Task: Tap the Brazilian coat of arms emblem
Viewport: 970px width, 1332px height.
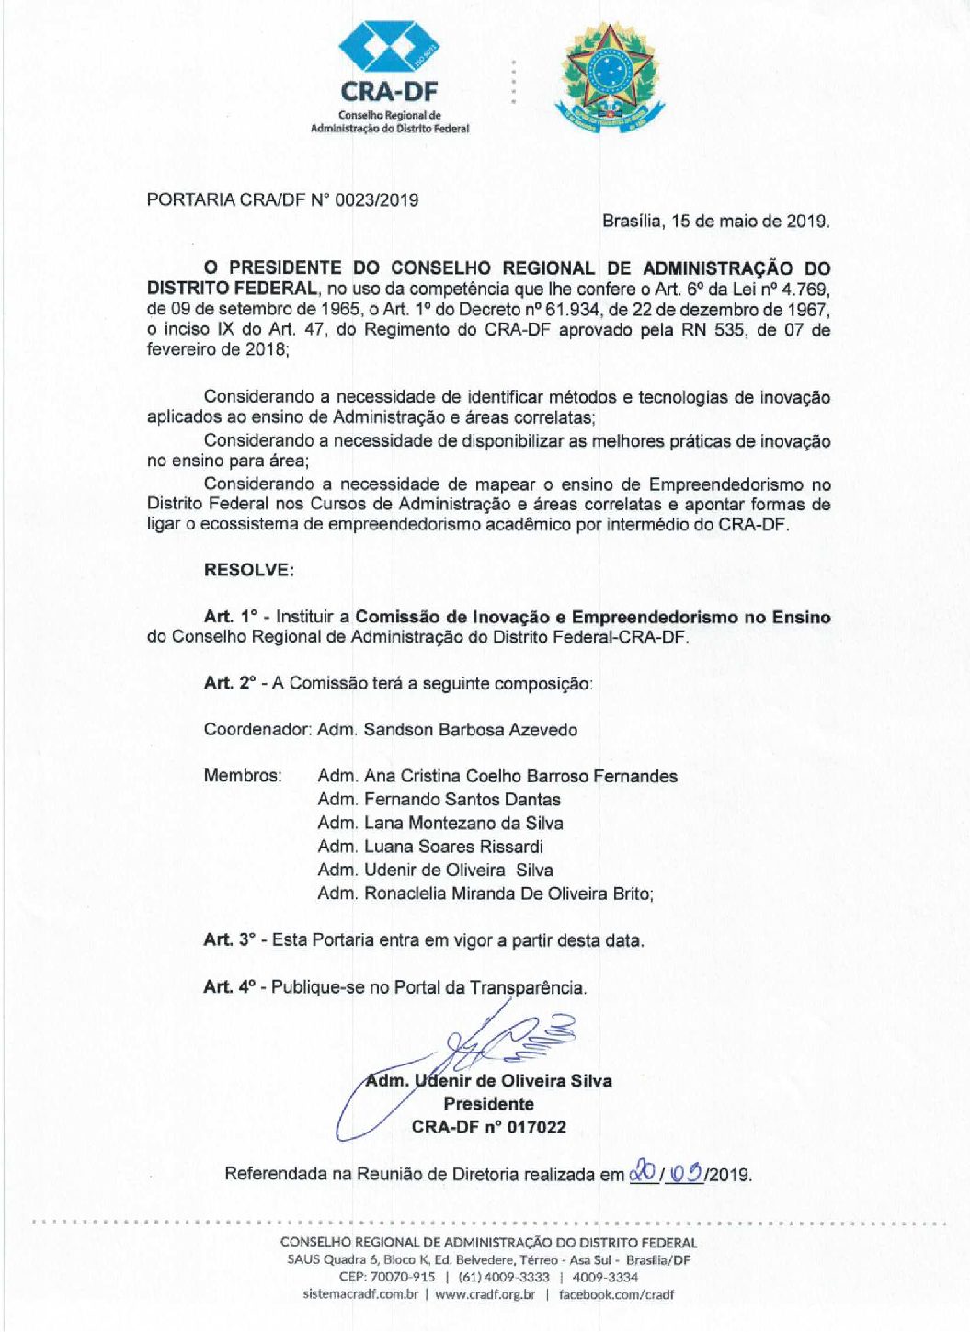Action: coord(608,77)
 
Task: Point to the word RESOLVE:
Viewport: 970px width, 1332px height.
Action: coord(249,570)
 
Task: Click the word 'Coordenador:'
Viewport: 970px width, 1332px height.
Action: coord(257,730)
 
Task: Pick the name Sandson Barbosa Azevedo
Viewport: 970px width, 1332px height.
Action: coord(471,730)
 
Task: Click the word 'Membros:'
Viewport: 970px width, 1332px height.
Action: coord(243,776)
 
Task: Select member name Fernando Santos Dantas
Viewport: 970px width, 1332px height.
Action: coord(462,800)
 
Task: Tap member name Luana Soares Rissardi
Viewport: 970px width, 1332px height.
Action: coord(453,847)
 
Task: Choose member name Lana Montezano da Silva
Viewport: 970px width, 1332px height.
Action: coord(463,824)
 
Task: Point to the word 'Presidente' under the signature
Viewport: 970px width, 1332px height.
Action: coord(488,1104)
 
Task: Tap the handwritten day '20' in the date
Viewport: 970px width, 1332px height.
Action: coord(642,1173)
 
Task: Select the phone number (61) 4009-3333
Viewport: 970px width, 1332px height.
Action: coord(503,1277)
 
